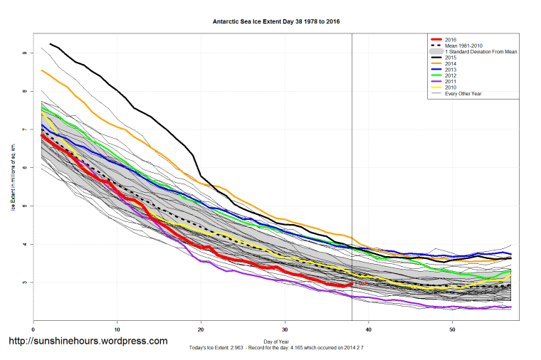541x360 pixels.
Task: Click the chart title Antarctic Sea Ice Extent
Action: coord(276,21)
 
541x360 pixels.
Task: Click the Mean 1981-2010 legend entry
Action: coord(463,46)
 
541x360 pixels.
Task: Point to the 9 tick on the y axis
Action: coord(24,53)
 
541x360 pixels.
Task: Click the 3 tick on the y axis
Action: coord(24,282)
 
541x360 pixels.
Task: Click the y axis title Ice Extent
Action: coord(13,176)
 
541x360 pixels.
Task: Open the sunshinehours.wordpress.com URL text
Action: coord(88,342)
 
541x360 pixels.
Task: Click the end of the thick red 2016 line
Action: coord(351,285)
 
